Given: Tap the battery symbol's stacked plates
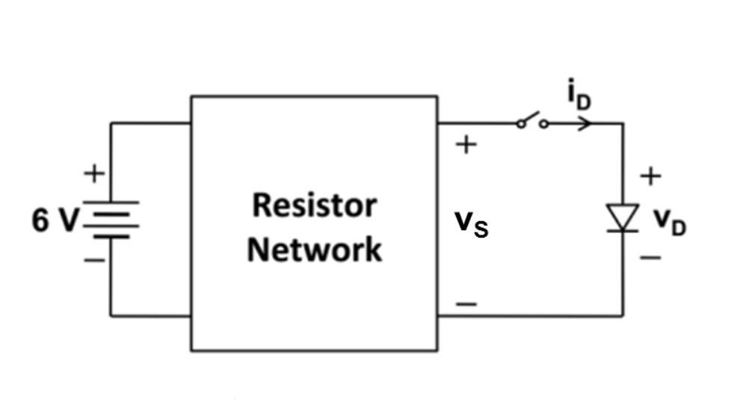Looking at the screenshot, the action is pyautogui.click(x=111, y=220).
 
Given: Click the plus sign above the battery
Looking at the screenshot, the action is pyautogui.click(x=94, y=173).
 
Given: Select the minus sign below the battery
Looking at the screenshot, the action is pyautogui.click(x=94, y=260).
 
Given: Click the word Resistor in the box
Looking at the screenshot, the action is pyautogui.click(x=315, y=206).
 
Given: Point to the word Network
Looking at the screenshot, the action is pyautogui.click(x=315, y=250).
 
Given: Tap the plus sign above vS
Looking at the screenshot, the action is pyautogui.click(x=466, y=144).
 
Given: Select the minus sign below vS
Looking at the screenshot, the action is pyautogui.click(x=466, y=304).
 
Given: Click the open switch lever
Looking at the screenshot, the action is pyautogui.click(x=530, y=117).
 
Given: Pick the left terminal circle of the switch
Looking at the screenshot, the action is pyautogui.click(x=520, y=124).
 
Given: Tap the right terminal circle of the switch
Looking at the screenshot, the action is pyautogui.click(x=544, y=124).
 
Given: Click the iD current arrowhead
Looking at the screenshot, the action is pyautogui.click(x=586, y=123).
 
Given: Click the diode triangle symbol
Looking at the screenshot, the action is pyautogui.click(x=623, y=217).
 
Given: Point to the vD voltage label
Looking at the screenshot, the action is pyautogui.click(x=670, y=222).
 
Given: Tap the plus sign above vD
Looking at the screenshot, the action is pyautogui.click(x=651, y=176).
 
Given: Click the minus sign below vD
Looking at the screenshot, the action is pyautogui.click(x=651, y=258).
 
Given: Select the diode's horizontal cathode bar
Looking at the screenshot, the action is pyautogui.click(x=623, y=231).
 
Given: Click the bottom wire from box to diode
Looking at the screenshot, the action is pyautogui.click(x=531, y=315).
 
